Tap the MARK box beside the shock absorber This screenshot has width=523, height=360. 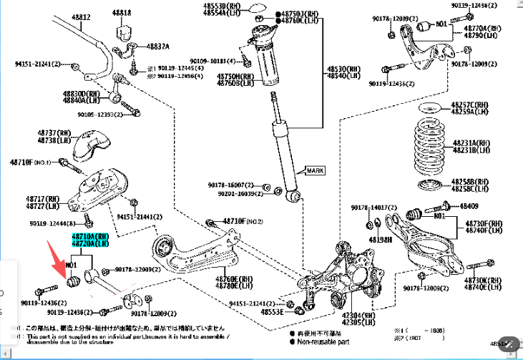[x=315, y=171]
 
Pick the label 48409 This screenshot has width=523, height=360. [x=469, y=206]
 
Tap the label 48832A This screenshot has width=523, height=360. [x=158, y=46]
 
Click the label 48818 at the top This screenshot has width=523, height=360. [x=122, y=13]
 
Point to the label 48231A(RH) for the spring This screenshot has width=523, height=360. [x=471, y=143]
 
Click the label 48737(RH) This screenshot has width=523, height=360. [x=55, y=132]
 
